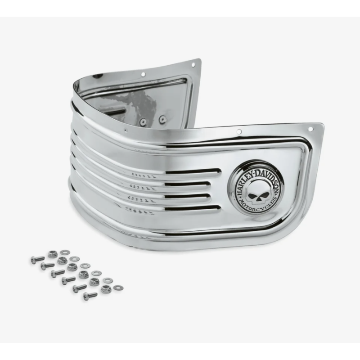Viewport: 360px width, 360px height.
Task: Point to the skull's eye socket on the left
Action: pyautogui.click(x=252, y=196)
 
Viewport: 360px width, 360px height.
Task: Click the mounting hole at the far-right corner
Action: pyautogui.click(x=310, y=129)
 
